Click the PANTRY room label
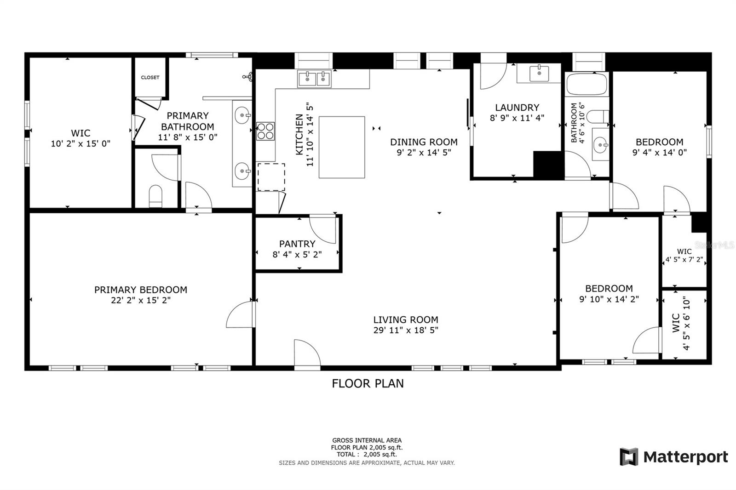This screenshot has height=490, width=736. pos(297,244)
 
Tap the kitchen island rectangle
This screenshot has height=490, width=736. pos(342,147)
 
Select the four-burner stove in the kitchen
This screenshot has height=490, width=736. pos(265,131)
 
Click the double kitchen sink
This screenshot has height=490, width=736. pos(315,79)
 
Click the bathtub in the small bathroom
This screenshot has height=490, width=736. pos(587,84)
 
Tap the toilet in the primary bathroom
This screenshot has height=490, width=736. pos(156,196)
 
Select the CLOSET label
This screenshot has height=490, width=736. pos(150,77)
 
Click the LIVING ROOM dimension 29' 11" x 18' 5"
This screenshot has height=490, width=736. pos(405,330)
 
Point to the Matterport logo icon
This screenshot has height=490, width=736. pos(629,456)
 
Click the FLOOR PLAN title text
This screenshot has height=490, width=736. pos(368,383)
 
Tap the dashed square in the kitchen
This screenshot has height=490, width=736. pos(271,177)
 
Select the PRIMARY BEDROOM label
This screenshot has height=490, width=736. pos(140,290)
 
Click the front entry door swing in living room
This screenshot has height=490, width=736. pos(306,354)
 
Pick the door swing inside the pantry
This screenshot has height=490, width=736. pos(323,228)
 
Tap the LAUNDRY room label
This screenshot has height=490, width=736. pos(517,108)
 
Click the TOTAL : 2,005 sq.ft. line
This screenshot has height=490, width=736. pos(366,454)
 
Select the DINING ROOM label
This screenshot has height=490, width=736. pos(424,142)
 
